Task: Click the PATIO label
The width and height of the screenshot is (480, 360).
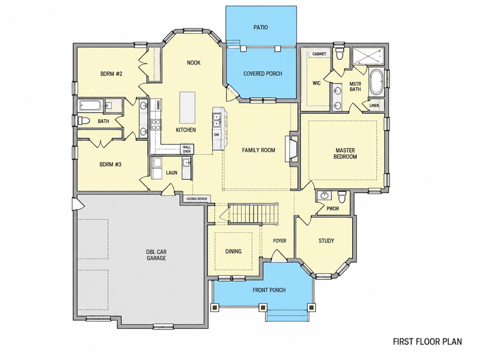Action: coord(261,27)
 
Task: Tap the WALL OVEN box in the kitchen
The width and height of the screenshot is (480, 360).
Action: coord(187,149)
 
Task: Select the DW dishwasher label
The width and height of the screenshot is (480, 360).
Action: coord(216,135)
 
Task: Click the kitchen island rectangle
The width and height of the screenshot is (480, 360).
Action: coord(187,108)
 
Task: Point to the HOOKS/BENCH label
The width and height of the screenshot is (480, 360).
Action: coord(197,199)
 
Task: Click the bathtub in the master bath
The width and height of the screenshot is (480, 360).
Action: coord(376,83)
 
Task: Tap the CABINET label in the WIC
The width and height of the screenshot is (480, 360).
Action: coord(319,54)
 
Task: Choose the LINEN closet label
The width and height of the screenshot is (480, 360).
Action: coord(374,105)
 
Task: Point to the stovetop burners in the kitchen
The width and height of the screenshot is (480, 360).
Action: coord(156,125)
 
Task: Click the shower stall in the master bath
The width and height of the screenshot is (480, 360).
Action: coord(368,56)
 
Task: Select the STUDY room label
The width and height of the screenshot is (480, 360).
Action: coord(326,241)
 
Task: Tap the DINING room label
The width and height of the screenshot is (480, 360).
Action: coord(233,251)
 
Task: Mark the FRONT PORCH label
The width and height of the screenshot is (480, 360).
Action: coord(269,290)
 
